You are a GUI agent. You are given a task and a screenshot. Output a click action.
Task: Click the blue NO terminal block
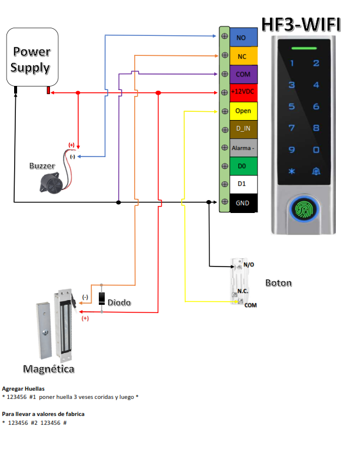tap(243, 38)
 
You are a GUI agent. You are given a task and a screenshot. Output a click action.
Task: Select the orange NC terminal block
tap(243, 56)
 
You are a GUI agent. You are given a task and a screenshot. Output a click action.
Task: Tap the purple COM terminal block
tap(243, 75)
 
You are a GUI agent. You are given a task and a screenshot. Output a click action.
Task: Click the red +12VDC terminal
tap(243, 92)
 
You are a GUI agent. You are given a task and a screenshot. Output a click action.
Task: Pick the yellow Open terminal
tap(243, 111)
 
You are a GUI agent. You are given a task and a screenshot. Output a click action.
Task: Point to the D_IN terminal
tap(243, 129)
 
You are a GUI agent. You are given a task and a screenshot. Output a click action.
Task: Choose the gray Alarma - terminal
tap(243, 148)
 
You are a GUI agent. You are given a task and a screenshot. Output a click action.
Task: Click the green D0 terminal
tap(243, 166)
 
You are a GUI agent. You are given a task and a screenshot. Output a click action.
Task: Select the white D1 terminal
tap(243, 184)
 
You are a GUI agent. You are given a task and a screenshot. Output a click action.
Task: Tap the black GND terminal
tap(243, 203)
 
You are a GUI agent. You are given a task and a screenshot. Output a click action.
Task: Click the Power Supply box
tap(31, 59)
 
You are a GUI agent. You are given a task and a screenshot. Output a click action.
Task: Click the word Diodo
tap(119, 302)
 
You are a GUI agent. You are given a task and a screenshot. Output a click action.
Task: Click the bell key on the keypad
tap(316, 171)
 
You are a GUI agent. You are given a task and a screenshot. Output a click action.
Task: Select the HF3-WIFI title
tap(301, 25)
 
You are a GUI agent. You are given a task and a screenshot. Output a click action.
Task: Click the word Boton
tap(278, 283)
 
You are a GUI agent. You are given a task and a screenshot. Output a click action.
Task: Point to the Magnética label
tap(49, 369)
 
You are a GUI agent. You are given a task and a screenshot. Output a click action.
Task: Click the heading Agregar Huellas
tap(24, 389)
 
